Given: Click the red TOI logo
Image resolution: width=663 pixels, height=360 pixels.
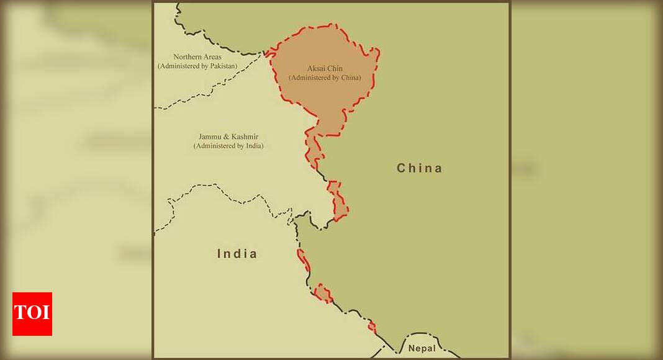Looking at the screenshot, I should point(32,314).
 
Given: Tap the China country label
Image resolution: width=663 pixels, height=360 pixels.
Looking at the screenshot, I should point(420,168).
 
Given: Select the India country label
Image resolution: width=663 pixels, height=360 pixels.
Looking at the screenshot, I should point(237,253).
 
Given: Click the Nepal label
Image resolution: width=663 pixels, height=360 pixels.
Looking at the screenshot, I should point(422,348).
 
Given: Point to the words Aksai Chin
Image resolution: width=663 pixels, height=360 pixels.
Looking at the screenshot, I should point(325,68).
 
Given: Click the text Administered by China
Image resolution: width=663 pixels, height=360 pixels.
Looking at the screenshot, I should point(325,78).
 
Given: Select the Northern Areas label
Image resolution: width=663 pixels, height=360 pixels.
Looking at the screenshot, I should point(197,57).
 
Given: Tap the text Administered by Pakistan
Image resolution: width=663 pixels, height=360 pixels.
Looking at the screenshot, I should point(197,66).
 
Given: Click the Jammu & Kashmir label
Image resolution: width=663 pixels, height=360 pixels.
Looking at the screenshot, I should point(228,137).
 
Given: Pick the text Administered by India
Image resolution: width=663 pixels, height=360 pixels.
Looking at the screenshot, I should point(228,146).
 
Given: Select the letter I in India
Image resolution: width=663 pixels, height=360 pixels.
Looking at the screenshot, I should point(219,253).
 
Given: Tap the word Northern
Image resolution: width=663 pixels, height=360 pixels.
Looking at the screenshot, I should point(187,57).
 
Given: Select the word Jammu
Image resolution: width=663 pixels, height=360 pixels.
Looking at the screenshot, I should point(209,137).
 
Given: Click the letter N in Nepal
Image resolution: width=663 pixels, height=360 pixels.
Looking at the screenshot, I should point(412,348).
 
